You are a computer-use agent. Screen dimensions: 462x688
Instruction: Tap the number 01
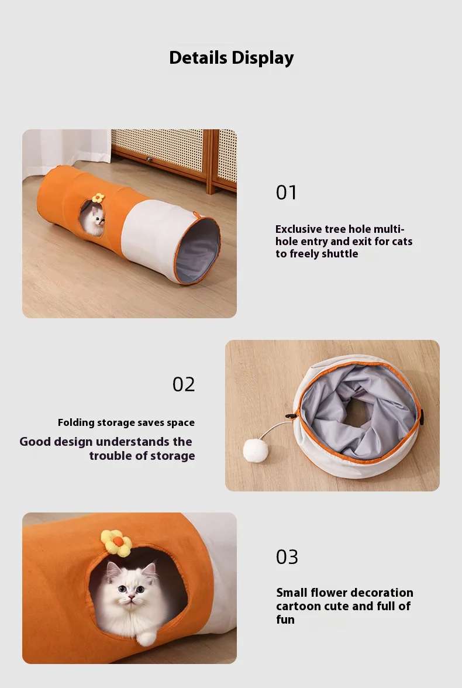coord(286,192)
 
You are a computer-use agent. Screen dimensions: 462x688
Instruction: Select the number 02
coord(184,384)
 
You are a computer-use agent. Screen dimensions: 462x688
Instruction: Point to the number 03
coord(287,557)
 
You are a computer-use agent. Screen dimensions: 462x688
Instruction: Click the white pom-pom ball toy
coord(256,451)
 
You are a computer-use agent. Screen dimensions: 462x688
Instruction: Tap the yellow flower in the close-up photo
coord(116,543)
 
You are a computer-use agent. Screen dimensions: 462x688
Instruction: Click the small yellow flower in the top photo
coord(98,198)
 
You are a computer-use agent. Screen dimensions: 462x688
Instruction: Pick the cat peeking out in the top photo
coord(96,221)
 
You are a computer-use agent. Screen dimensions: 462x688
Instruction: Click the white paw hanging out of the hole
coord(146,638)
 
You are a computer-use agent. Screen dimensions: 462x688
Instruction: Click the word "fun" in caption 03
coord(285,620)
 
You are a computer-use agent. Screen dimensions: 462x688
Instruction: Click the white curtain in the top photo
coord(66,149)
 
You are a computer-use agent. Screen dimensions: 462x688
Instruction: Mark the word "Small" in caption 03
coord(292,593)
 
